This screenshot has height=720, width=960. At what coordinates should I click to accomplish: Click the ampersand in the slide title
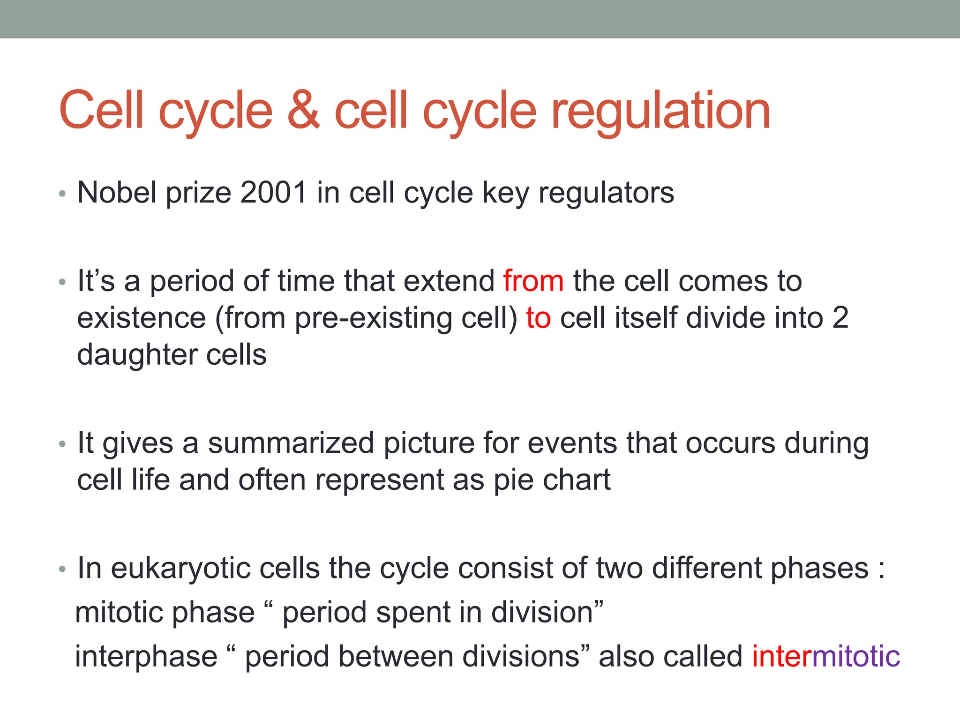(x=303, y=111)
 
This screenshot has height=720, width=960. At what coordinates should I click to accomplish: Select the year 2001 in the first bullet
(x=273, y=192)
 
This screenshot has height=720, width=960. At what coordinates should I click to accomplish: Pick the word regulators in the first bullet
(x=606, y=193)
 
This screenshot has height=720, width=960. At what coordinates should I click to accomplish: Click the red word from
(x=533, y=281)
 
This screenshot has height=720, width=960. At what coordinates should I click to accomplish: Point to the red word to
(x=538, y=318)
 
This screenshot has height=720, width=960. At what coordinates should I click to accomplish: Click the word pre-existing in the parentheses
(x=373, y=319)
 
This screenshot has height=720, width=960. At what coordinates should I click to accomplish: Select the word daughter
(x=136, y=355)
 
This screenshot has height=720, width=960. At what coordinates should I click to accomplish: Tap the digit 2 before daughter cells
(x=840, y=318)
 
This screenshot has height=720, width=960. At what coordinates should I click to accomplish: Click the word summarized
(x=291, y=443)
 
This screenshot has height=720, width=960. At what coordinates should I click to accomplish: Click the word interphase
(x=146, y=656)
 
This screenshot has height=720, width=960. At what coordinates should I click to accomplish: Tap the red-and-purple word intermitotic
(x=826, y=656)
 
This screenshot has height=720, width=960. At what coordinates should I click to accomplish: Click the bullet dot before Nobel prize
(x=62, y=194)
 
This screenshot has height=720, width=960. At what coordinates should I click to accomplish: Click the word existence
(x=141, y=318)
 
